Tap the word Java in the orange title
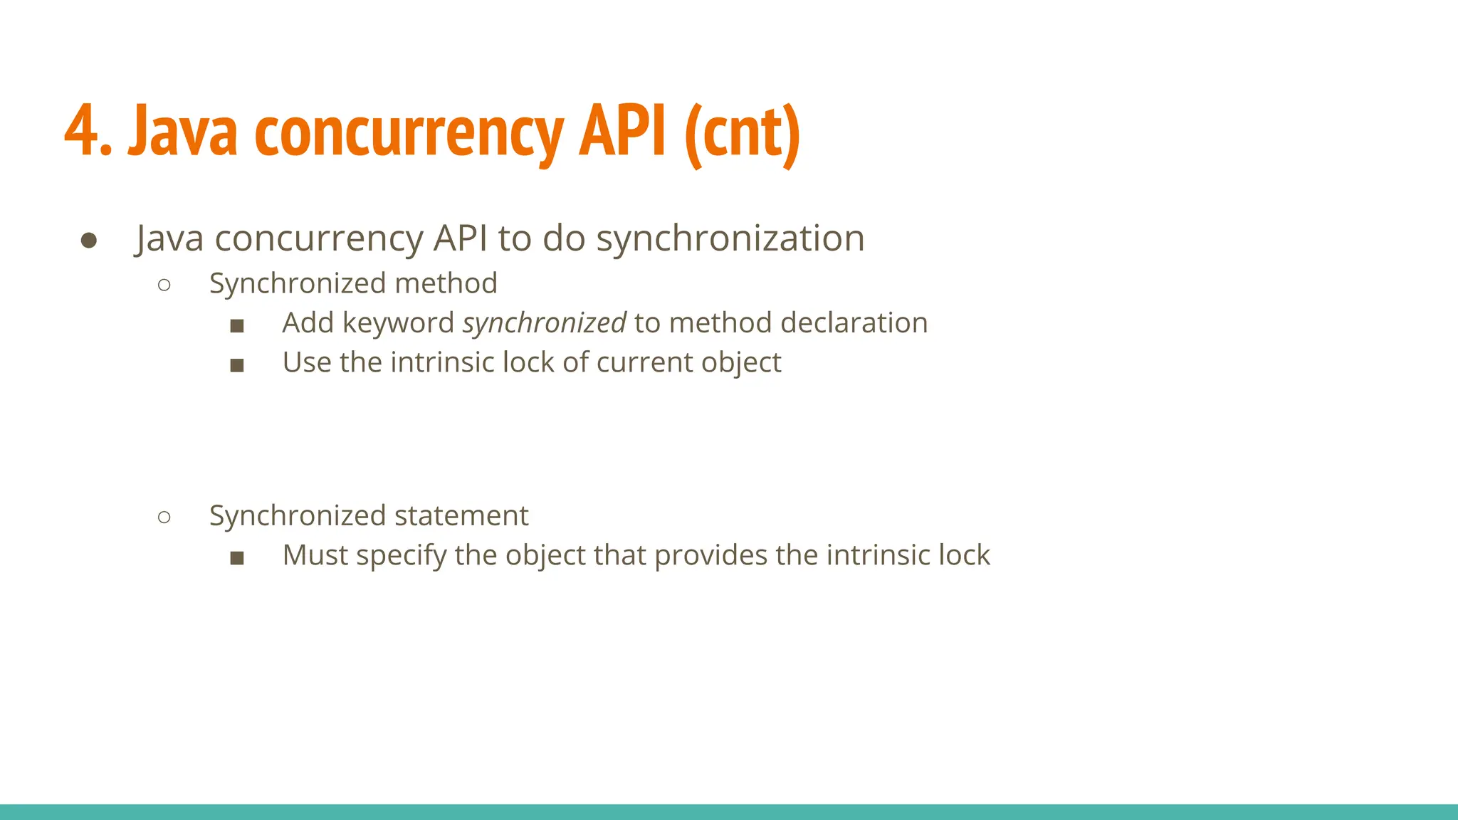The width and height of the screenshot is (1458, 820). (x=182, y=132)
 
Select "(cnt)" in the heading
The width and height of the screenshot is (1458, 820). (x=742, y=134)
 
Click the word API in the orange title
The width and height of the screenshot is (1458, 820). (x=623, y=131)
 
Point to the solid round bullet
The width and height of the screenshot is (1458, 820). (x=89, y=241)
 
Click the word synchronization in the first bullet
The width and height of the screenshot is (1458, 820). (x=730, y=238)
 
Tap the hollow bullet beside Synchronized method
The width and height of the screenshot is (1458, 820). (x=164, y=285)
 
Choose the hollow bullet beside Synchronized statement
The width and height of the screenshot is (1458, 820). (x=164, y=517)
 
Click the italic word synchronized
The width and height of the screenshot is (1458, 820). (x=545, y=323)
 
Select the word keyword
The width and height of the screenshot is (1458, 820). (x=398, y=323)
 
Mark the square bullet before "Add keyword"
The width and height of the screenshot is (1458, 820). (x=237, y=327)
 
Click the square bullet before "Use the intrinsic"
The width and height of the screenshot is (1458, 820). (x=237, y=366)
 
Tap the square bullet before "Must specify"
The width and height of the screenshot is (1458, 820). (x=237, y=559)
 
